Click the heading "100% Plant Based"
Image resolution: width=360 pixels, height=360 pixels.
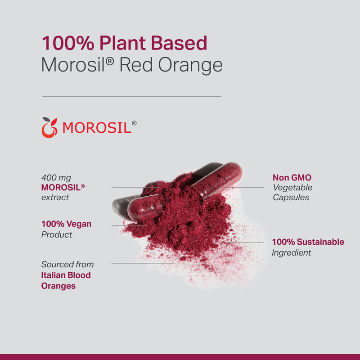pyautogui.click(x=124, y=43)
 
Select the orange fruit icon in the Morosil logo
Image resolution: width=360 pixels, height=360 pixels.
pyautogui.click(x=49, y=128)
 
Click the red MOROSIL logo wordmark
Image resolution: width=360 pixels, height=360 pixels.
pyautogui.click(x=97, y=128)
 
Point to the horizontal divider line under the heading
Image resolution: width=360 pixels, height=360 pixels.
pyautogui.click(x=131, y=96)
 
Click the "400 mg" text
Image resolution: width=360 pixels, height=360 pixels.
pyautogui.click(x=56, y=178)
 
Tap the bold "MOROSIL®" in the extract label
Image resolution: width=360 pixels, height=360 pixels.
pyautogui.click(x=63, y=188)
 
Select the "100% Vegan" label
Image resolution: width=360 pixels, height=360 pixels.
pyautogui.click(x=66, y=224)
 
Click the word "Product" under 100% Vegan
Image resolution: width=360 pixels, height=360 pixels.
pyautogui.click(x=57, y=234)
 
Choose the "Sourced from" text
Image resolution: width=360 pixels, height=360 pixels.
pyautogui.click(x=67, y=265)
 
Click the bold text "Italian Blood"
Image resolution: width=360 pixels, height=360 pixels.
pyautogui.click(x=66, y=275)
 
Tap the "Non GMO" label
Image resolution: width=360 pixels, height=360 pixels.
pyautogui.click(x=292, y=178)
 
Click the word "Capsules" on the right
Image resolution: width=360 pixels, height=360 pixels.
pyautogui.click(x=291, y=197)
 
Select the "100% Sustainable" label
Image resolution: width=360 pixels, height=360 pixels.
pyautogui.click(x=308, y=242)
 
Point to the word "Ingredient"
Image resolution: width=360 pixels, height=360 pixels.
pyautogui.click(x=292, y=252)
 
